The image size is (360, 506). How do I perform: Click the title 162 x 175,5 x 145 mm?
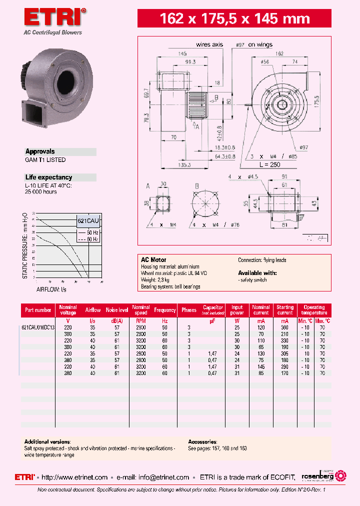point(234,19)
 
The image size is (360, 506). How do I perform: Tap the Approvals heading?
point(40,151)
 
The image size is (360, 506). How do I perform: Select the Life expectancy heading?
point(48,177)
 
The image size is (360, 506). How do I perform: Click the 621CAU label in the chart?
point(87,220)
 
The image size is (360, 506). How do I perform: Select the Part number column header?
point(38,310)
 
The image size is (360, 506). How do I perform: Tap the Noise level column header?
point(117,310)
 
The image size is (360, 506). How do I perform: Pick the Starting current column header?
point(285,310)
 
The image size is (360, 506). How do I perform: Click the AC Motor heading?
point(152,260)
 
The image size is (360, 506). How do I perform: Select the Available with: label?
point(257,273)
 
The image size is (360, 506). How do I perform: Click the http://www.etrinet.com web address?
point(74,477)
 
